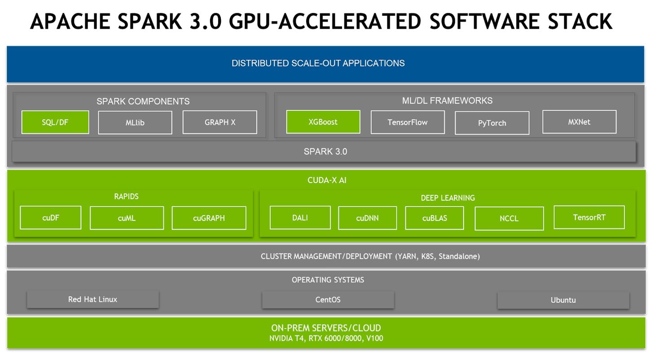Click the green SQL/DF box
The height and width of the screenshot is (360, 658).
point(55,122)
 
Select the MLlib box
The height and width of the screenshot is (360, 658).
point(135,123)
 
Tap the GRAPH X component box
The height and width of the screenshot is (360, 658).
point(219,122)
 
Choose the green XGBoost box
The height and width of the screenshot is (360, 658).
point(323,122)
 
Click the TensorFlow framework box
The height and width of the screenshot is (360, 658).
point(408,122)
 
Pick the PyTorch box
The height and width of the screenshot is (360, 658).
point(492,123)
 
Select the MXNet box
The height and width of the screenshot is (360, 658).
point(579,122)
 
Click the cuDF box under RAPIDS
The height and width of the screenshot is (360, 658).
point(51,218)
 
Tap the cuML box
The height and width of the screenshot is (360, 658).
point(127,218)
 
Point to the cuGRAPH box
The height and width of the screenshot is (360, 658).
point(209,218)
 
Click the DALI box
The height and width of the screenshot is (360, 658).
point(300,218)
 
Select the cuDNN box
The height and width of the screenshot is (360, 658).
point(367,218)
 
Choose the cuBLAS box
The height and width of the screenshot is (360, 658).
point(434,218)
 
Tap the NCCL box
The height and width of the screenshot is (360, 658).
point(509,219)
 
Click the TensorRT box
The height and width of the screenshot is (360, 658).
point(589,217)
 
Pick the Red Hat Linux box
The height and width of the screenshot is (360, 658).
point(92,299)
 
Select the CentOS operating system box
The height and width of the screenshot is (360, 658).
point(328,299)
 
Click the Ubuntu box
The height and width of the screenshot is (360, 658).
point(563,300)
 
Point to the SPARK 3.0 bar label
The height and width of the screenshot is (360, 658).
point(325,152)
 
